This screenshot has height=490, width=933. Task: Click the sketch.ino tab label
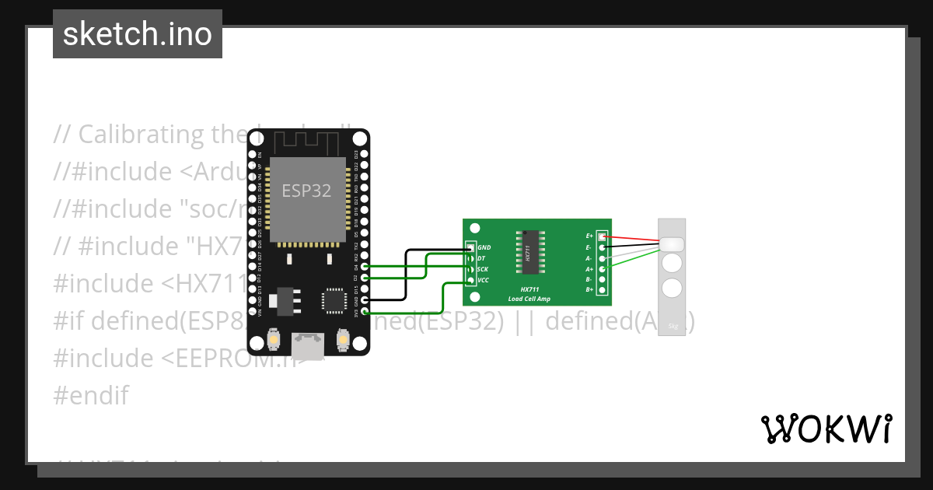pyautogui.click(x=138, y=34)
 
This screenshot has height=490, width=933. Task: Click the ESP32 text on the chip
pyautogui.click(x=306, y=191)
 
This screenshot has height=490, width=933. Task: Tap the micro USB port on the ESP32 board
pyautogui.click(x=309, y=345)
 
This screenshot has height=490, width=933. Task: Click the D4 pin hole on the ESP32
pyautogui.click(x=365, y=266)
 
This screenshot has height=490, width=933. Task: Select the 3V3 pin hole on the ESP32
pyautogui.click(x=365, y=311)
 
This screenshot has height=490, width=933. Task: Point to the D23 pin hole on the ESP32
pyautogui.click(x=365, y=154)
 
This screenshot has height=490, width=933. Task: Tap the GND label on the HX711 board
pyautogui.click(x=484, y=247)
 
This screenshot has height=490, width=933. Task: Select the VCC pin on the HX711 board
pyautogui.click(x=471, y=280)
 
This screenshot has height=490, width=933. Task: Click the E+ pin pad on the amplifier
pyautogui.click(x=601, y=235)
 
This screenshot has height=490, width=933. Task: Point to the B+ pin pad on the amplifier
pyautogui.click(x=601, y=289)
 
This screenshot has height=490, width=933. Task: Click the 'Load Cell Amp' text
pyautogui.click(x=529, y=299)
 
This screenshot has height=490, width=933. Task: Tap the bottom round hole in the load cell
pyautogui.click(x=672, y=288)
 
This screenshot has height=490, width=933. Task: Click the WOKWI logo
pyautogui.click(x=826, y=429)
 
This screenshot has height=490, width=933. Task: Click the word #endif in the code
pyautogui.click(x=90, y=395)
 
